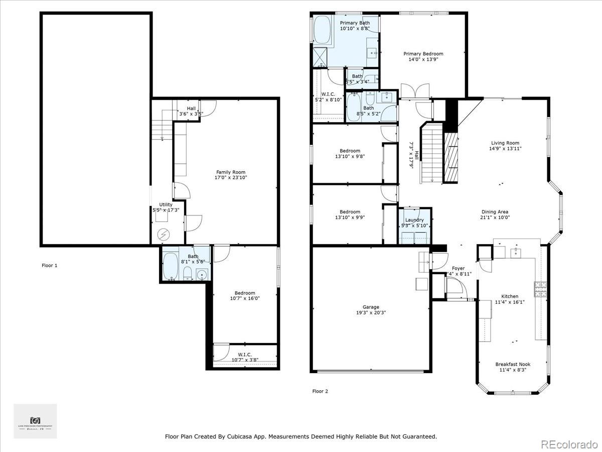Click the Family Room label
point(231,172)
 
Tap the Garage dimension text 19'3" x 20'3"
point(371,312)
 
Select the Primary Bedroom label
point(423,54)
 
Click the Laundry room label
point(414,220)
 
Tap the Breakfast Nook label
point(512,364)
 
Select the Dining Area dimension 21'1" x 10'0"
point(495,218)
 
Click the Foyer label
point(458,269)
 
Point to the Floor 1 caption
point(49,265)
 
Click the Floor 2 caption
point(320,391)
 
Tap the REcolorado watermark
point(569,444)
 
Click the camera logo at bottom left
point(35,419)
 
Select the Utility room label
point(166,204)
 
